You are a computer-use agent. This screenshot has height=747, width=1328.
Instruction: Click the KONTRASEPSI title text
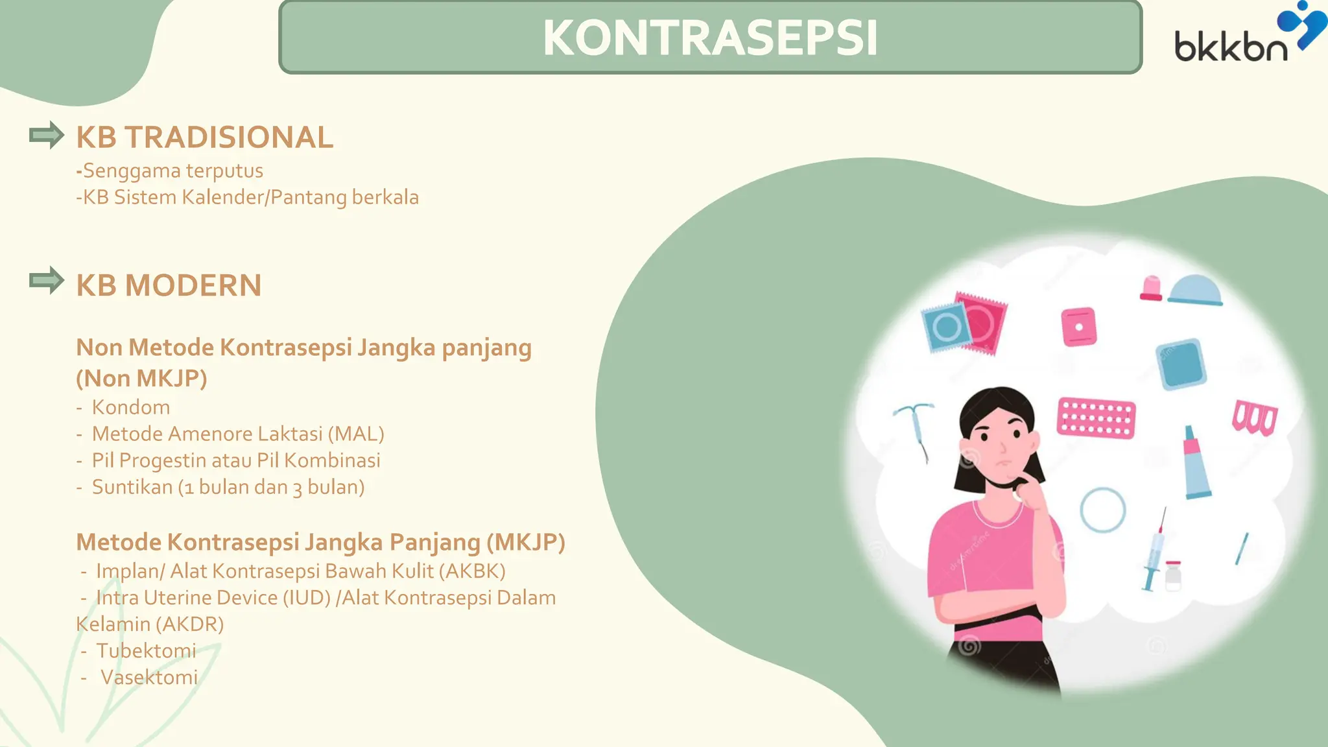tap(710, 38)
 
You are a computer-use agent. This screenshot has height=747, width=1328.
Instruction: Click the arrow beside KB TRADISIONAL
tap(47, 136)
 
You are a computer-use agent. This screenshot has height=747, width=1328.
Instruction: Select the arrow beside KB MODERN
tap(47, 281)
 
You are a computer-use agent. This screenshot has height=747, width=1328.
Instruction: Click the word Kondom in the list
tap(131, 407)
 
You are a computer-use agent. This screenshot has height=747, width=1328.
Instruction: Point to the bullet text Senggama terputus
tap(172, 171)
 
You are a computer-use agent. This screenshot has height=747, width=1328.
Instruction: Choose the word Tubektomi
tap(146, 650)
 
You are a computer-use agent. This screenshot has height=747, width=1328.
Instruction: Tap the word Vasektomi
tap(149, 677)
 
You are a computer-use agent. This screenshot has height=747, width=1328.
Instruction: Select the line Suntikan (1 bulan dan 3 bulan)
tap(228, 487)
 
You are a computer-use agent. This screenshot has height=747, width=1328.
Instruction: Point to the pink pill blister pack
tap(1096, 418)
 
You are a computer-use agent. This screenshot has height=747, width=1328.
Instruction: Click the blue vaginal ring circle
tap(1102, 510)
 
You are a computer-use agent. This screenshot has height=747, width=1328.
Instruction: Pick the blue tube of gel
tap(1195, 464)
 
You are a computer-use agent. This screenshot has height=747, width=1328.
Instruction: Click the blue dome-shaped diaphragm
tap(1194, 290)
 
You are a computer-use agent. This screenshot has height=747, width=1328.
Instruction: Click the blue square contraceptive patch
tap(1181, 364)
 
